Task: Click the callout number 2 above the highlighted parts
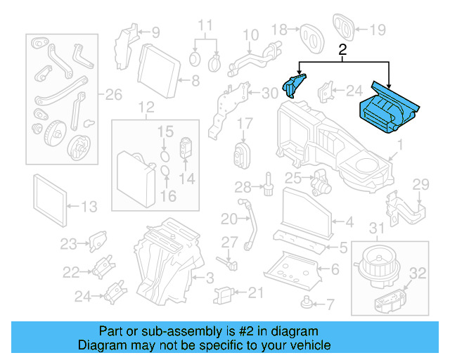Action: pyautogui.click(x=342, y=51)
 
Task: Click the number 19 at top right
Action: pyautogui.click(x=378, y=30)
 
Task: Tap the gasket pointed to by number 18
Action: pyautogui.click(x=311, y=32)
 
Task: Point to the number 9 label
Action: pyautogui.click(x=155, y=32)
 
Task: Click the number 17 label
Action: pyautogui.click(x=243, y=124)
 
